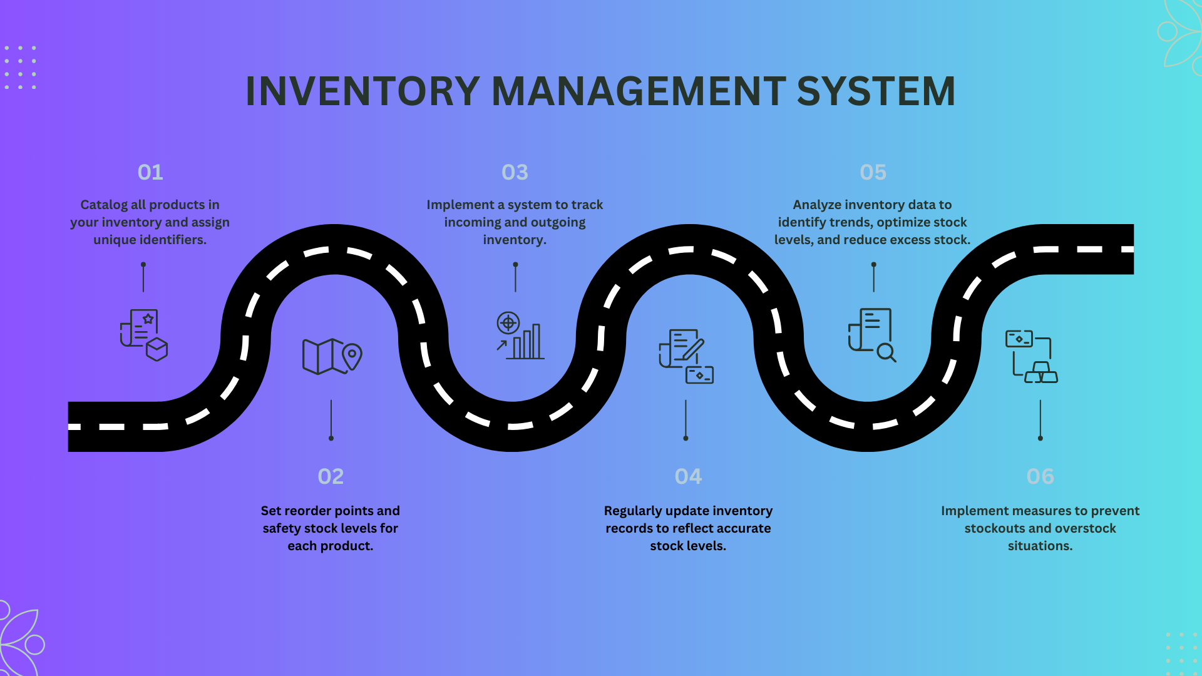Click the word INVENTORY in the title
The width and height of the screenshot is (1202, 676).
[x=362, y=91]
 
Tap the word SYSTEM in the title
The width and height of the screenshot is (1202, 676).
[x=876, y=91]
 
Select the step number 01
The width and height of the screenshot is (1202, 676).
[x=150, y=172]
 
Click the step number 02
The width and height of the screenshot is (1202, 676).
[x=331, y=476]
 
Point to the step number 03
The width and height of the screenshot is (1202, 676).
[x=515, y=172]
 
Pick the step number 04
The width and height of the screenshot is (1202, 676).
[x=688, y=476]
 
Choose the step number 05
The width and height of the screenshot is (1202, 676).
[x=873, y=172]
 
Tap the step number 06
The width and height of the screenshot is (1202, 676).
[x=1040, y=476]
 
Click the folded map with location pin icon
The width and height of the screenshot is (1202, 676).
[x=332, y=356]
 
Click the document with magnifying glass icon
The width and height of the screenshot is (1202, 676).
[x=872, y=335]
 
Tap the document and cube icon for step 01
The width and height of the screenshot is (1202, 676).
[x=144, y=335]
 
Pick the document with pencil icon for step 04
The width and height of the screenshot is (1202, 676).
[x=686, y=356]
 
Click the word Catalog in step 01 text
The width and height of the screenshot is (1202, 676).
[x=104, y=205]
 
